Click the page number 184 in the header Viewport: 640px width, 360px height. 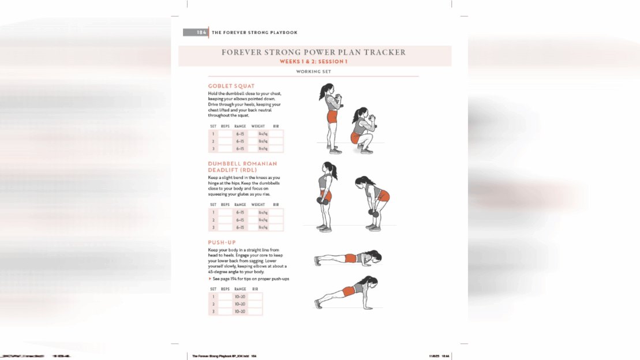(201, 32)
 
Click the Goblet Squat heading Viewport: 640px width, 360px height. (231, 86)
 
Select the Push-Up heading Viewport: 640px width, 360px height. (222, 242)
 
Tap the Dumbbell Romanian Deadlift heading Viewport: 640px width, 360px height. (242, 167)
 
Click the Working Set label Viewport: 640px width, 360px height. (313, 72)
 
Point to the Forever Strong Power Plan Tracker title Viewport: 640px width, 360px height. (313, 52)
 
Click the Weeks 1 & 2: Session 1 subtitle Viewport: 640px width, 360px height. (313, 61)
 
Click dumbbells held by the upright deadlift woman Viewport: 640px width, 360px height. (320, 201)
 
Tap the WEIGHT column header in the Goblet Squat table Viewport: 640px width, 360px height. (258, 126)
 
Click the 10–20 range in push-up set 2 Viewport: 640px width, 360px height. (240, 304)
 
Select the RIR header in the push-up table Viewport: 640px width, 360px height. (255, 289)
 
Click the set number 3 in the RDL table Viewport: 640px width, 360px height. (213, 227)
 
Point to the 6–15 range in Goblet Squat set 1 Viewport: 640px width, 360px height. (241, 134)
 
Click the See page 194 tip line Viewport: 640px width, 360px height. (250, 279)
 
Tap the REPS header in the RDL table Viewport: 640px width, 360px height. (225, 205)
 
